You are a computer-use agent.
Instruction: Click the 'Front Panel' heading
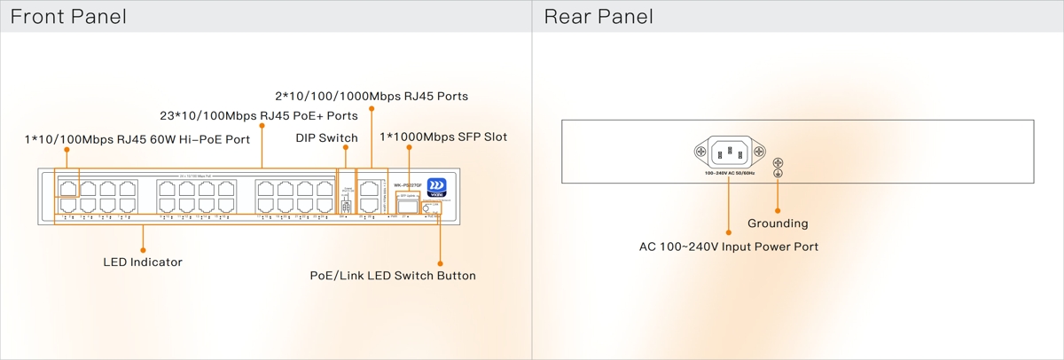point(68,17)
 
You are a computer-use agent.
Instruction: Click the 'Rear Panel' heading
point(598,17)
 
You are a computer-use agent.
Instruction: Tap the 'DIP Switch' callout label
point(326,138)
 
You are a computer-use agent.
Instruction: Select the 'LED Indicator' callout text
point(143,262)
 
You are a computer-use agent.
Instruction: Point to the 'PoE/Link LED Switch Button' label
point(392,276)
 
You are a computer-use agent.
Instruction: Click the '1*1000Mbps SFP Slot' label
point(443,137)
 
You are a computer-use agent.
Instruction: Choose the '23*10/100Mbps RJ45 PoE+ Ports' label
point(259,116)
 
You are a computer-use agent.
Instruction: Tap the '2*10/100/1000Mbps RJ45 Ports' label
point(372,96)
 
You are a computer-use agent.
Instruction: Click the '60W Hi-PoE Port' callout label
point(137,139)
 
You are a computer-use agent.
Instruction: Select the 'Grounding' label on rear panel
point(778,223)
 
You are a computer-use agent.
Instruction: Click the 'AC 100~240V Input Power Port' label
point(729,247)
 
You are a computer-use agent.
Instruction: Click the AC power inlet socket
point(727,153)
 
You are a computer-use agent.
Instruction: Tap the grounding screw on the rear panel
point(778,163)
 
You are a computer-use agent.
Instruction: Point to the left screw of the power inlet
point(700,153)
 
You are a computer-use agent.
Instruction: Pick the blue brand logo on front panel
point(436,186)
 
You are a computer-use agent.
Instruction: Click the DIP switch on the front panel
point(346,205)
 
